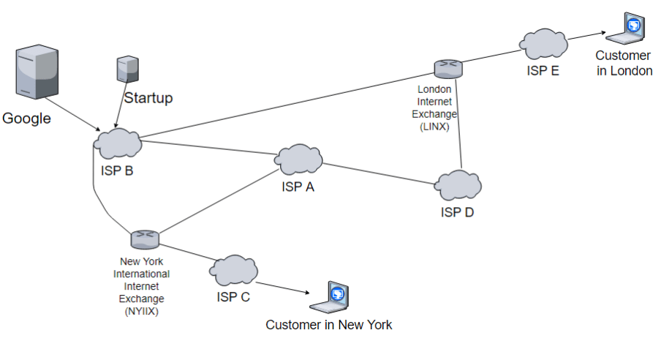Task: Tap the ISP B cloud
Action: [118, 143]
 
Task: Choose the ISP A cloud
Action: [299, 159]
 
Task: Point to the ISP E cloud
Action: [544, 45]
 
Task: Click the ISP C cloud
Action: [235, 271]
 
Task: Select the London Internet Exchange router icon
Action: [447, 69]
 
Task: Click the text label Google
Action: [27, 119]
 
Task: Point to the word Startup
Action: [148, 98]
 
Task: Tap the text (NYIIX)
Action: [142, 310]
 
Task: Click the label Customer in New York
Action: [328, 325]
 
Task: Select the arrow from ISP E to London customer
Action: [586, 37]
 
